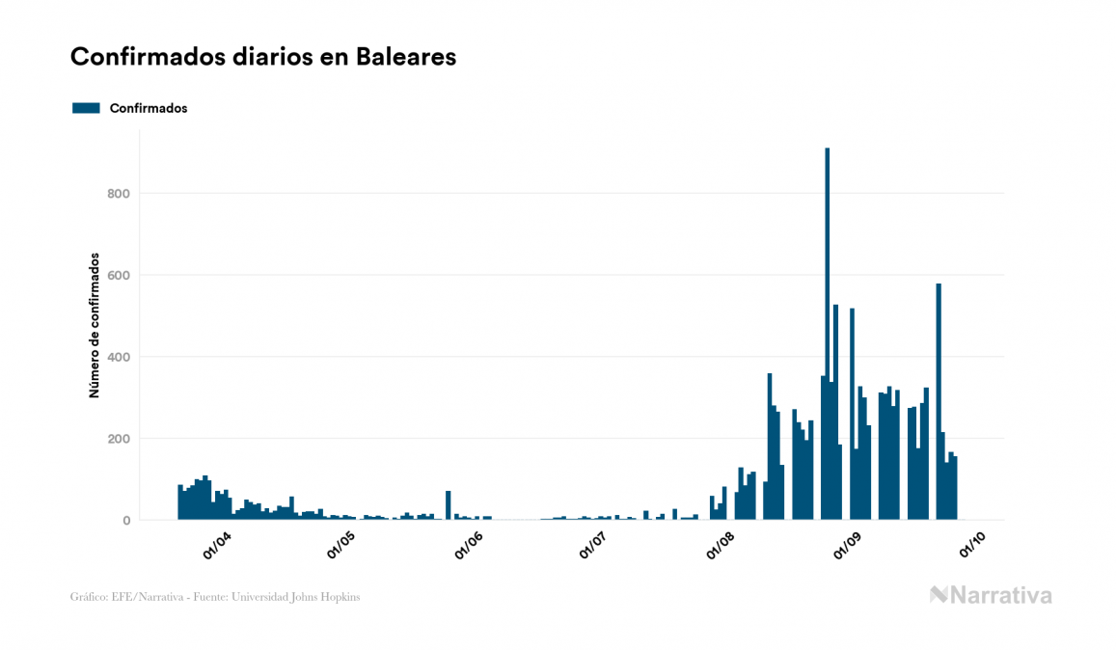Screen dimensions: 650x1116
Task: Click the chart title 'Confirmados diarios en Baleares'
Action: tap(263, 57)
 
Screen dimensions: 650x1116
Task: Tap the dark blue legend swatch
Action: tap(86, 108)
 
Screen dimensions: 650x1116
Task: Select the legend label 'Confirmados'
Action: tap(149, 108)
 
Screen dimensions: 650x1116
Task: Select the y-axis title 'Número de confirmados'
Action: tap(95, 326)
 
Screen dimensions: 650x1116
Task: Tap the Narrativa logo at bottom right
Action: tap(991, 595)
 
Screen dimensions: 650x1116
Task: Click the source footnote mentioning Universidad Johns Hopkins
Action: tap(215, 597)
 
